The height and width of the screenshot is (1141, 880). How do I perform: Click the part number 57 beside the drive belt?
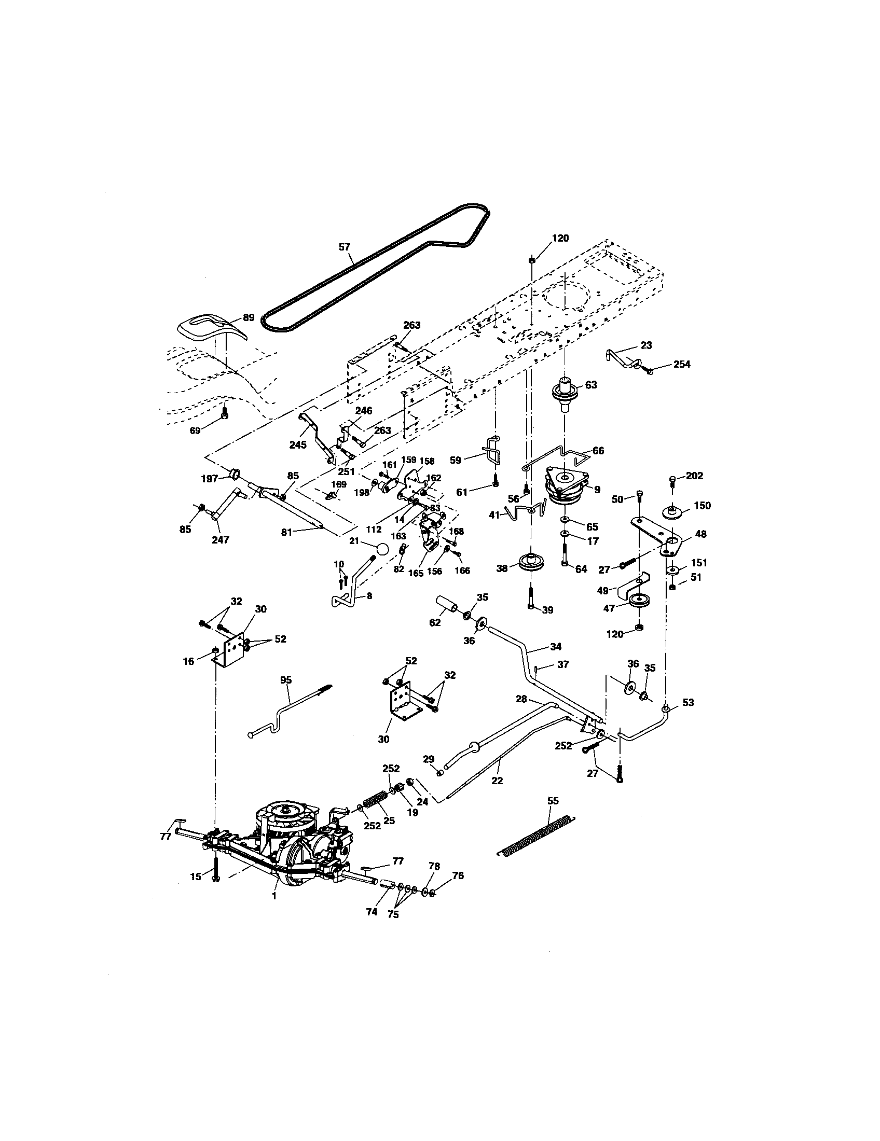click(344, 247)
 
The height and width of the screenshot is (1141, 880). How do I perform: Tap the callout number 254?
click(681, 364)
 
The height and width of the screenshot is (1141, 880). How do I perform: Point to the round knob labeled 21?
click(382, 550)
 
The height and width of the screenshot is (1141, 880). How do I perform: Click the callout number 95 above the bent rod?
click(286, 680)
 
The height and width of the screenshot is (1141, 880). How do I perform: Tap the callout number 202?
click(695, 476)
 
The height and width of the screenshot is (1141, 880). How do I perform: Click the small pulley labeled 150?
click(672, 512)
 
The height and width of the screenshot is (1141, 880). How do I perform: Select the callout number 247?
click(220, 540)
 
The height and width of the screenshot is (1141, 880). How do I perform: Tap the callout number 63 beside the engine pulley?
click(590, 385)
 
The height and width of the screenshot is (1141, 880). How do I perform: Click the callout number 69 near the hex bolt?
click(195, 430)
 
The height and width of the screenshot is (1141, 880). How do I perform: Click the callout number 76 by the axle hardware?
click(458, 875)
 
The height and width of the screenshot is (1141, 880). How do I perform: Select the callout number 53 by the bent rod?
click(688, 703)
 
